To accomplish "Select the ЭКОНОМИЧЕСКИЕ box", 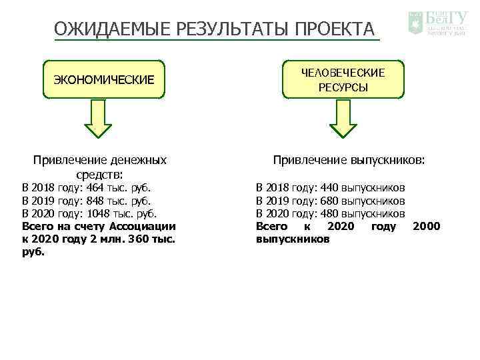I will click(103, 80).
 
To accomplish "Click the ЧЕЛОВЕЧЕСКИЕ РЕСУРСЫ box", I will click(343, 80).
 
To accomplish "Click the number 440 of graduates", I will click(330, 188).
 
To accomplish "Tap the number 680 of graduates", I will click(330, 201).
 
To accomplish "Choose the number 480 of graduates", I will click(330, 213).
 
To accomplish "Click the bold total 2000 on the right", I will click(427, 226).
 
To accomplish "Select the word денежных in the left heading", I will click(139, 160).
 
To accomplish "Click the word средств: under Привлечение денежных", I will click(99, 175).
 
